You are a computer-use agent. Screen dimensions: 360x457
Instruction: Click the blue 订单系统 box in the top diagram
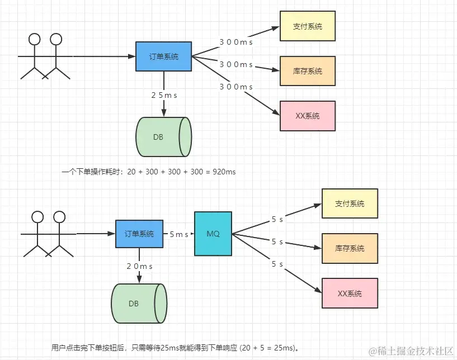[x=164, y=56]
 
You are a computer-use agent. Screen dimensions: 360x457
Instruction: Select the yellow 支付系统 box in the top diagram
[x=308, y=26]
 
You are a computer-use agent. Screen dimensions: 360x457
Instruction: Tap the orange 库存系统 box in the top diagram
[x=308, y=71]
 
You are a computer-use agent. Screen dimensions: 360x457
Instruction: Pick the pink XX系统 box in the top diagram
[x=308, y=116]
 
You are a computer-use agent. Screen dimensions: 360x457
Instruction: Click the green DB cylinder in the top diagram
[x=163, y=137]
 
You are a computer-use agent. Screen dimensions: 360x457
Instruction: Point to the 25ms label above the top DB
[x=164, y=96]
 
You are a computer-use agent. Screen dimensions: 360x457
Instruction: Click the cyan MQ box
[x=213, y=234]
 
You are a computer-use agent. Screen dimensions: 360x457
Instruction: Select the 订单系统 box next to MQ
[x=135, y=234]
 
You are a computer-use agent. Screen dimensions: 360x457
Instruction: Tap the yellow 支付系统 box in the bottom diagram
[x=350, y=203]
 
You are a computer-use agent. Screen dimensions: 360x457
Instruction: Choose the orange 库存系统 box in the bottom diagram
[x=350, y=248]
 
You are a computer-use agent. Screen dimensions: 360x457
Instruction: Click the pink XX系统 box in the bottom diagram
[x=350, y=293]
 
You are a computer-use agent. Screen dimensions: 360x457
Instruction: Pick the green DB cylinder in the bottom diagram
[x=138, y=304]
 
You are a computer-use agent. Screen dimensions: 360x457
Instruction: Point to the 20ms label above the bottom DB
[x=140, y=266]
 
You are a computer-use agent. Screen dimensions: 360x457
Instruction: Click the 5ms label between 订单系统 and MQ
[x=179, y=234]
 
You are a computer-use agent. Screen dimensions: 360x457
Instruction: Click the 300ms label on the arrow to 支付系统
[x=236, y=42]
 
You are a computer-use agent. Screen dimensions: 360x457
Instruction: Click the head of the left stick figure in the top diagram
[x=35, y=39]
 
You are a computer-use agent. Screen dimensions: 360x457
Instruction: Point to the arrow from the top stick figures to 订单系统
[x=103, y=56]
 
